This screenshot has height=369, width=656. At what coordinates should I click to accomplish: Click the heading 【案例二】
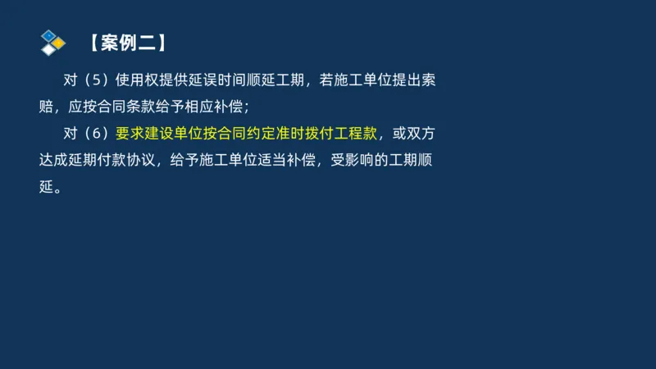pos(126,42)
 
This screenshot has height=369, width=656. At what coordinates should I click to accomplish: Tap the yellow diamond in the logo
pos(58,43)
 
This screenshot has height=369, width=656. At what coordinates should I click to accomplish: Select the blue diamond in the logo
pos(49,35)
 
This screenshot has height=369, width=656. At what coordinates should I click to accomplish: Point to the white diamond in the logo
pos(49,50)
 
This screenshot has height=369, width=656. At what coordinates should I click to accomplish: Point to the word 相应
pos(205,107)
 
